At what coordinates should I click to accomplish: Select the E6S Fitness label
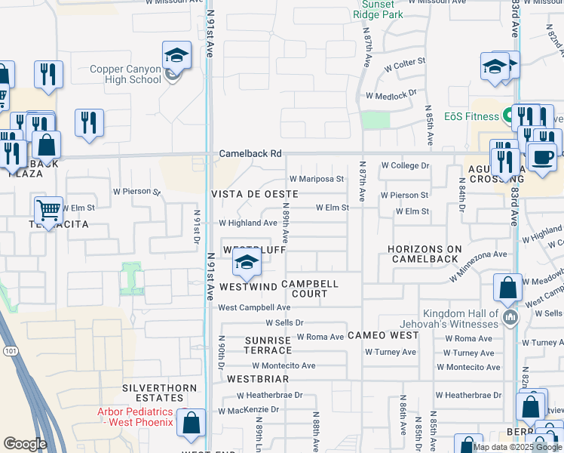click(x=471, y=116)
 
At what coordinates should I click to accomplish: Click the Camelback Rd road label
click(x=250, y=153)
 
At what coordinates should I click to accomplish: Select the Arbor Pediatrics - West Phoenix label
click(x=134, y=417)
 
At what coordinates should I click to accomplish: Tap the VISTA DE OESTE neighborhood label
click(x=254, y=194)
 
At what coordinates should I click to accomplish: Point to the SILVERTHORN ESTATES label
click(x=159, y=392)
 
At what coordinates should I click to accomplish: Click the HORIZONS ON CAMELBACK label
click(x=424, y=254)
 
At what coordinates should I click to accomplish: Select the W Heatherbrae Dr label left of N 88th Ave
click(x=269, y=395)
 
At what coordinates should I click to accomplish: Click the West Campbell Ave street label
click(x=254, y=308)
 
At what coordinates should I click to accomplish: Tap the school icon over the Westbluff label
click(x=246, y=263)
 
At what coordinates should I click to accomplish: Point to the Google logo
click(x=26, y=444)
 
